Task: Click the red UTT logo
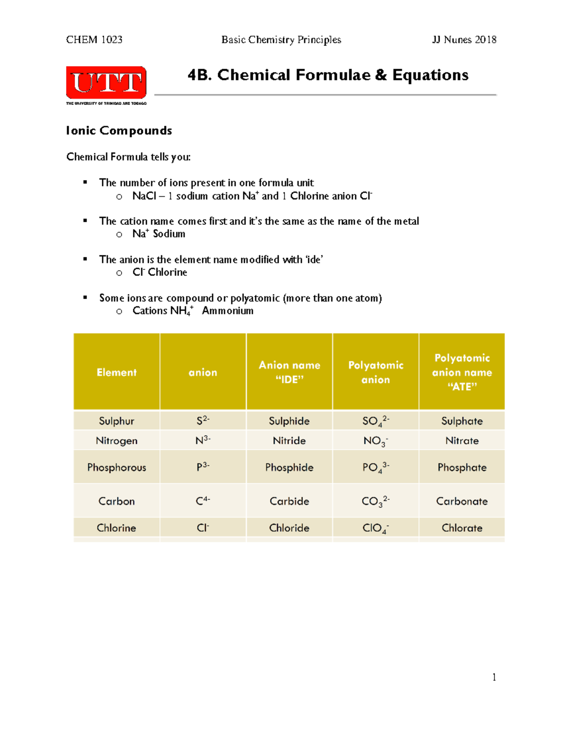click(106, 83)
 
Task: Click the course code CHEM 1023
click(94, 40)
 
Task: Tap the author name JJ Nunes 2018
click(464, 40)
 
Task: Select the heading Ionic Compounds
click(119, 130)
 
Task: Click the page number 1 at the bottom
click(494, 677)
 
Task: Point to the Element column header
click(116, 372)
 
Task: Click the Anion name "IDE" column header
click(289, 372)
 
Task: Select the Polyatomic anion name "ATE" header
click(462, 372)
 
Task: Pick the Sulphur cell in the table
click(116, 421)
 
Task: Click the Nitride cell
click(289, 441)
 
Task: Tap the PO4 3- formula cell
click(375, 468)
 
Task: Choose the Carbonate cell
click(462, 501)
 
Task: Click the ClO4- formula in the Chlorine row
click(375, 529)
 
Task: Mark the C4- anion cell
click(203, 501)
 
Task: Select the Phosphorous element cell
click(116, 468)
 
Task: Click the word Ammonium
click(228, 311)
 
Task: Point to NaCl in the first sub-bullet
click(144, 196)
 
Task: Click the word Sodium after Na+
click(169, 234)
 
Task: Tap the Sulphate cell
click(462, 421)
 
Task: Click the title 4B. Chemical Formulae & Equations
click(328, 75)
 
